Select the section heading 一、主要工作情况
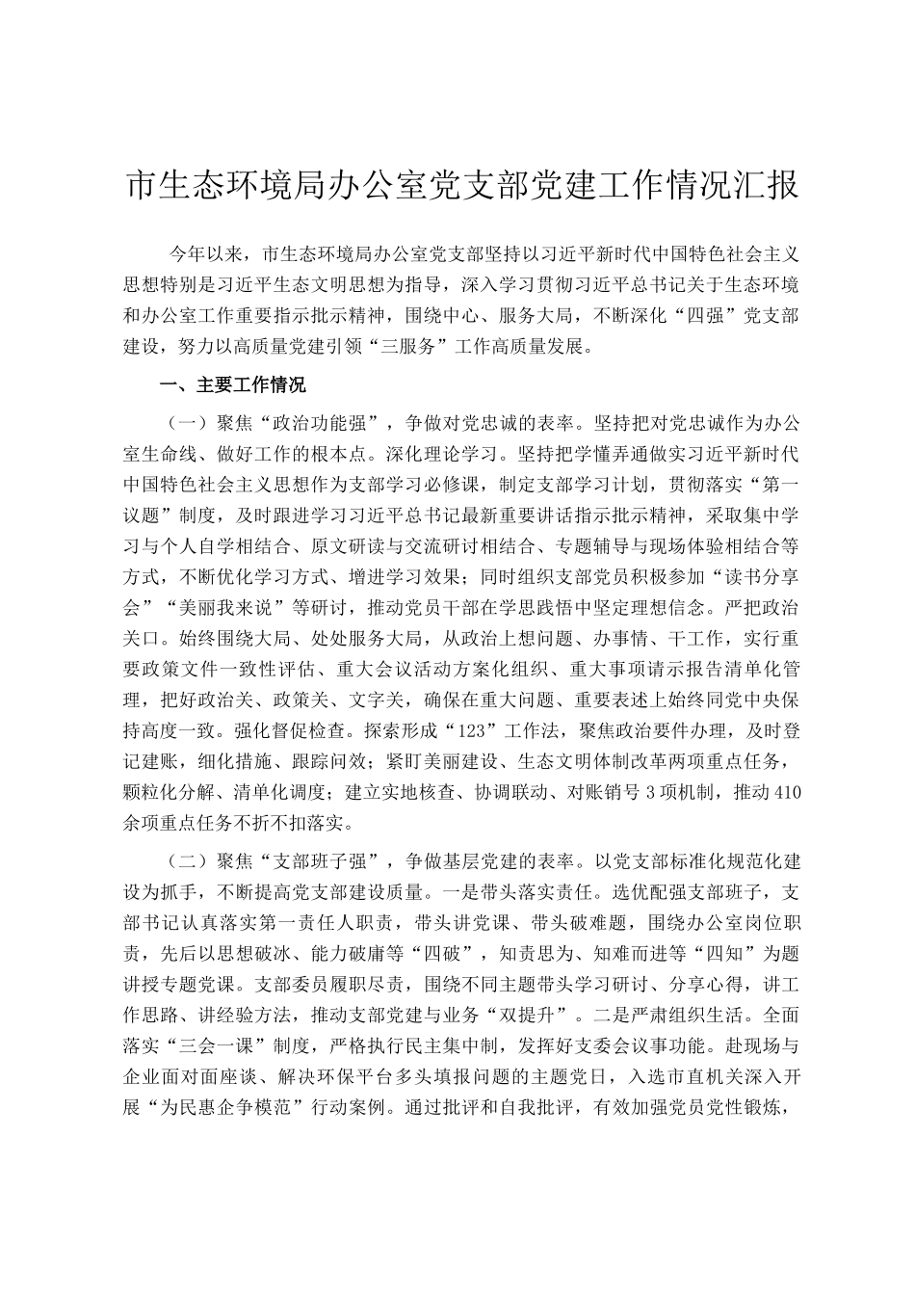coord(233,386)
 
